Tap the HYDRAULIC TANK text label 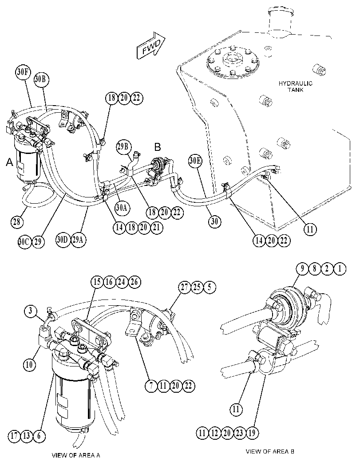(x=295, y=87)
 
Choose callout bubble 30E (x=195, y=161)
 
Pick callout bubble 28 (x=17, y=222)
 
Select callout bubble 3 (x=31, y=311)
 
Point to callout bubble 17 (x=14, y=436)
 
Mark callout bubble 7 (x=151, y=386)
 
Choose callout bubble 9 (x=302, y=268)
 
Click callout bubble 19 (x=252, y=433)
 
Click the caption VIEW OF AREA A (x=76, y=456)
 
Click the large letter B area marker (x=158, y=147)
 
